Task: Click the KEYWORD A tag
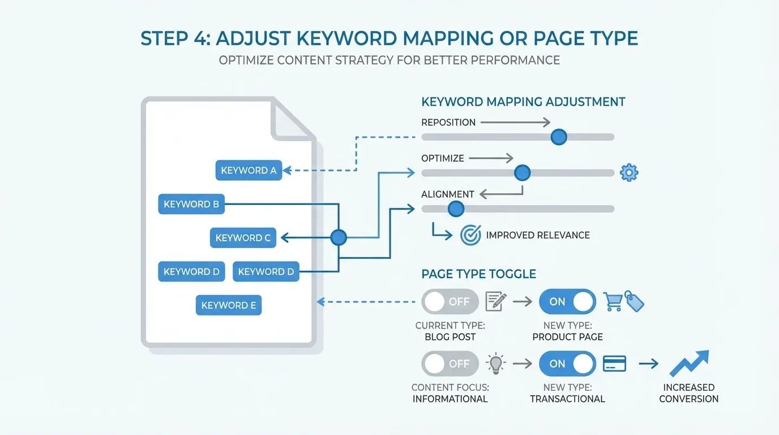249,170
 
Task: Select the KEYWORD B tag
191,204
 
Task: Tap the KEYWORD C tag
243,238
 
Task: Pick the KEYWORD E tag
229,305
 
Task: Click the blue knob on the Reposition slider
558,137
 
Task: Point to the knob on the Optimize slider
521,173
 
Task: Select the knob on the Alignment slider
455,209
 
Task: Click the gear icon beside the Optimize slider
629,173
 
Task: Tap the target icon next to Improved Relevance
470,235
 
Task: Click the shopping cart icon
614,301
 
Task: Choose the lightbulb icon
496,364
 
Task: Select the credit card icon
615,364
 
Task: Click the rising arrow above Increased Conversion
689,364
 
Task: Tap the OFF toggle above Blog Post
450,301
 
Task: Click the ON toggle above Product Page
567,301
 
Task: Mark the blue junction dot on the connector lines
338,238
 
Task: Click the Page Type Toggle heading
478,274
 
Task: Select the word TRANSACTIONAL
567,399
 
